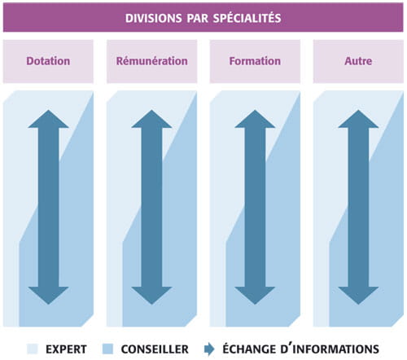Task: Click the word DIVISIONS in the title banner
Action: [x=153, y=18]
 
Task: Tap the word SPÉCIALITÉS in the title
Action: [x=247, y=18]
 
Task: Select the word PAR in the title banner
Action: [x=197, y=18]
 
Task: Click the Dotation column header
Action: [x=48, y=61]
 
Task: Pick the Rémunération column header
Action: [x=152, y=61]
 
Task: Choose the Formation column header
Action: [x=255, y=61]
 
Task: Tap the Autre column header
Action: [x=358, y=61]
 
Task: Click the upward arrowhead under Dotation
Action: [x=48, y=119]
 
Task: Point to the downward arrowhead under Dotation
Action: [x=48, y=296]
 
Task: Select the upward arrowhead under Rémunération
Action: [x=151, y=119]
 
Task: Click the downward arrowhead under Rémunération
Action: [x=151, y=296]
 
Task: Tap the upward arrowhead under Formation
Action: [x=255, y=119]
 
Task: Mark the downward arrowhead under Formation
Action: [x=255, y=296]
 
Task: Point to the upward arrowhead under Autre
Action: [x=358, y=119]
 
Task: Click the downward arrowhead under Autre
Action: [x=358, y=296]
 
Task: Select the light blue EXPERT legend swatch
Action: [x=33, y=349]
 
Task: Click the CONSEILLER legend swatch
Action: [x=107, y=349]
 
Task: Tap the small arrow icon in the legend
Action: [x=209, y=349]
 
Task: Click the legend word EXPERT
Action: [x=66, y=349]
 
